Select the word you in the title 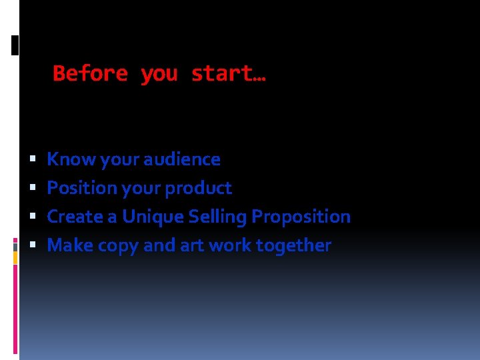pyautogui.click(x=159, y=74)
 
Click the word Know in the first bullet pyautogui.click(x=62, y=159)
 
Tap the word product pyautogui.click(x=198, y=189)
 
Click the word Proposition pyautogui.click(x=301, y=217)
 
